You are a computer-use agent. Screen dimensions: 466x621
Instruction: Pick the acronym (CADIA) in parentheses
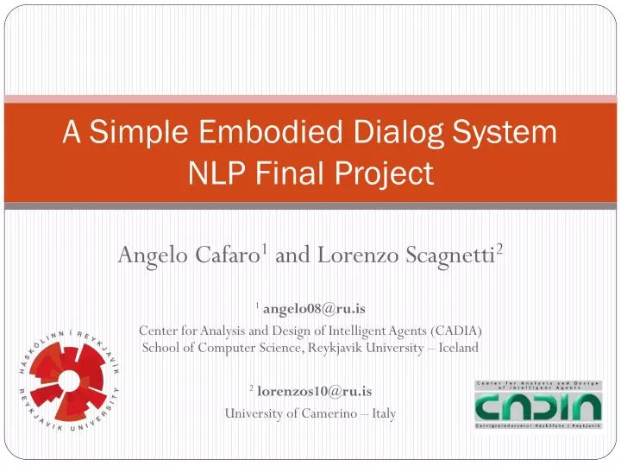[453, 331]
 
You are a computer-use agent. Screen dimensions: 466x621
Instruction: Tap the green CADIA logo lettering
[537, 407]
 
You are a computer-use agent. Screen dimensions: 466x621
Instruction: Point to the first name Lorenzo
[348, 255]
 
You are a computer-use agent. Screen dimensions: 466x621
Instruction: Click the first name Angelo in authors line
[148, 255]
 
